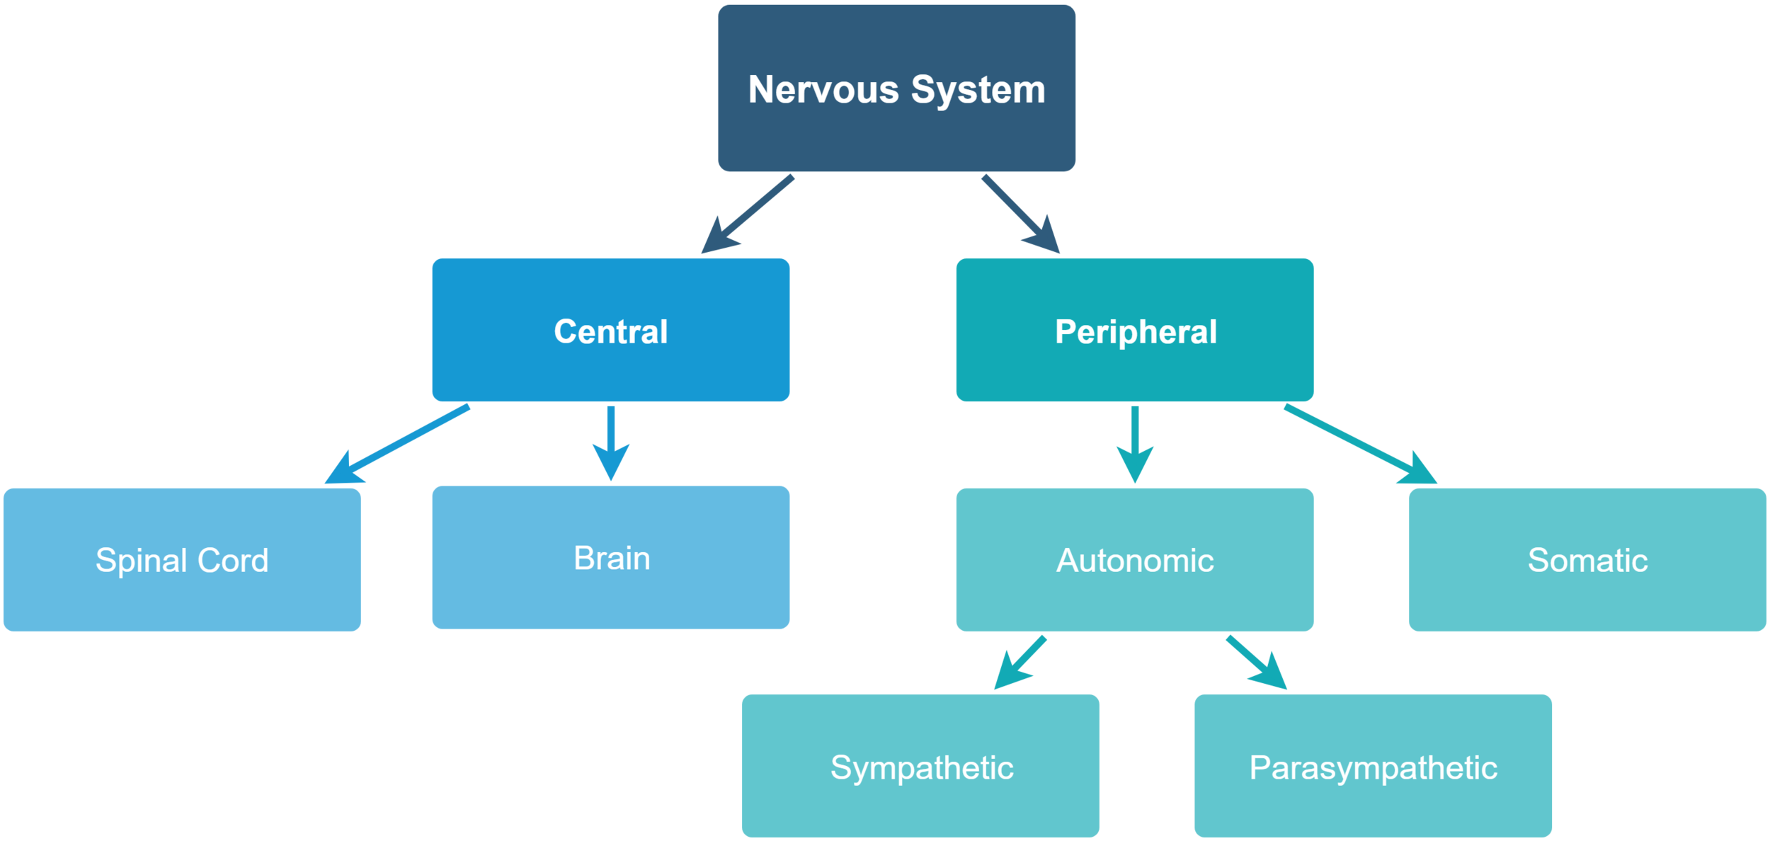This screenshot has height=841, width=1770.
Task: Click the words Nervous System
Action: pos(896,90)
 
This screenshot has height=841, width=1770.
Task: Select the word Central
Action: pos(610,332)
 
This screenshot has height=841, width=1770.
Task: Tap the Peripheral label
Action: pos(1136,332)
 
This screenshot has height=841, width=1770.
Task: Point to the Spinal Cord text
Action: pos(182,561)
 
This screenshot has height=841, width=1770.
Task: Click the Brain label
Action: pos(612,559)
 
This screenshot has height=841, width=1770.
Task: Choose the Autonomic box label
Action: pos(1135,561)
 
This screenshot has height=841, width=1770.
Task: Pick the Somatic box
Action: pos(1587,561)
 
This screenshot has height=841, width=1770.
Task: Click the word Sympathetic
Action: pos(922,768)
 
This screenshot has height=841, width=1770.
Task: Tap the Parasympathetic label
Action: pos(1373,768)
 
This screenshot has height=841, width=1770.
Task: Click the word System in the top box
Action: pos(978,90)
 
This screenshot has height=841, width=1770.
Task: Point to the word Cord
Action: pos(233,561)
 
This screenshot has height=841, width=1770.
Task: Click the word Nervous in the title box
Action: pos(823,90)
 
